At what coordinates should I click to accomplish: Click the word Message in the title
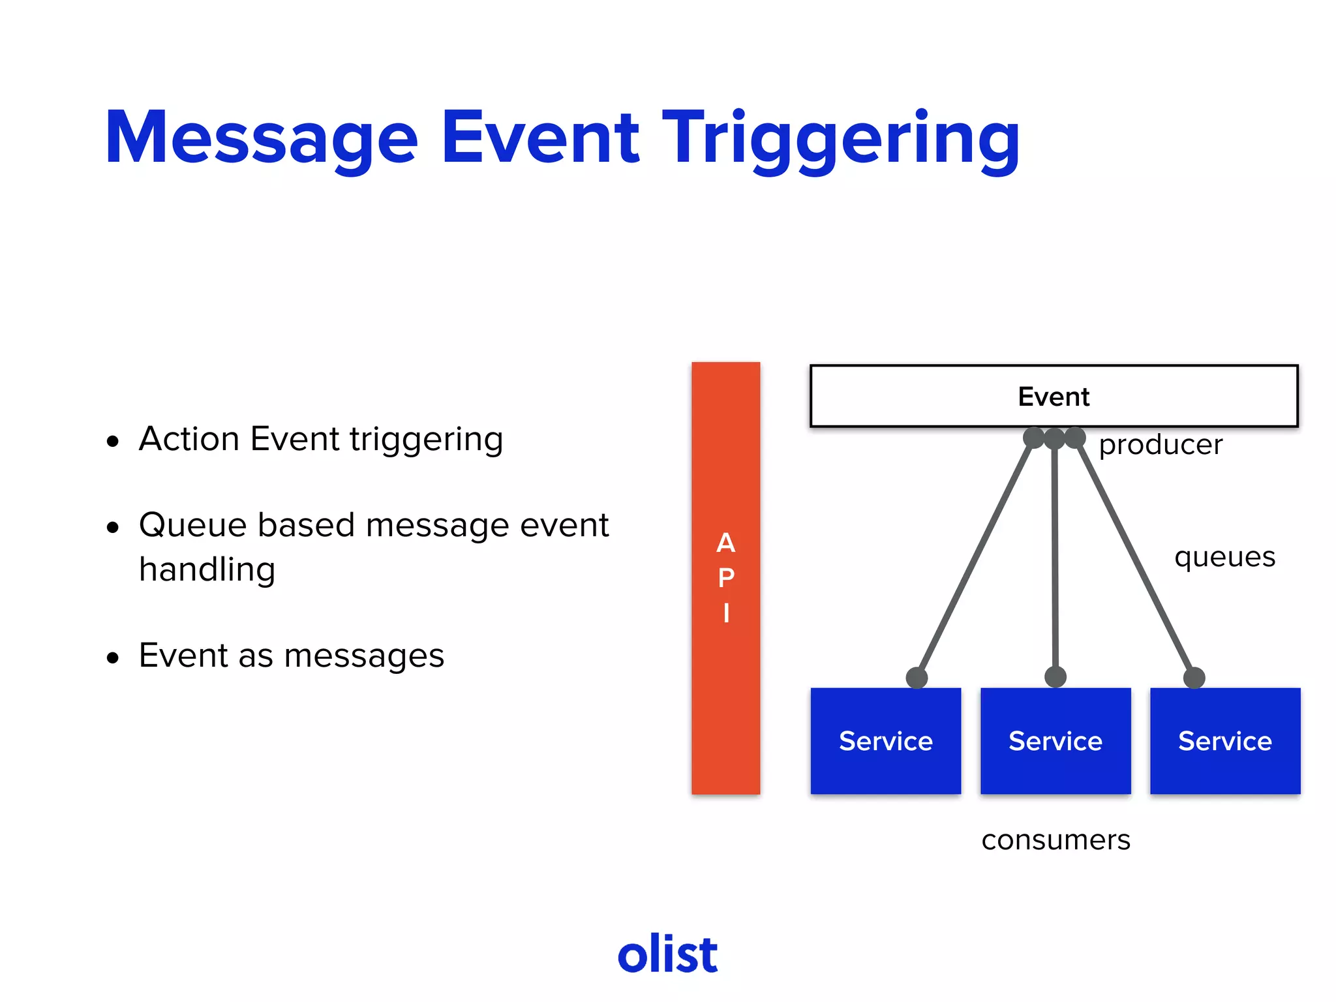(261, 138)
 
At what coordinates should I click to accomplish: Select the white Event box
(1053, 396)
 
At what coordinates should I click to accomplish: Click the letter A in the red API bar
(725, 543)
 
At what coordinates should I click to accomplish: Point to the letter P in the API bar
(725, 578)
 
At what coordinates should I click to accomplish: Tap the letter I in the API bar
(725, 613)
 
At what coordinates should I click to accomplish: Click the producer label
(1160, 446)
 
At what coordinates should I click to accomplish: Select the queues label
(1224, 557)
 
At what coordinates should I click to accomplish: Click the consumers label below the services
(1055, 840)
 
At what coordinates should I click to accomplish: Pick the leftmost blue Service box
(885, 741)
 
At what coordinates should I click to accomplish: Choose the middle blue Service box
(1055, 741)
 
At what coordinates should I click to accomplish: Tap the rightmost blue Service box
(1224, 741)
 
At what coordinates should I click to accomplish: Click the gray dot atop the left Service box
(917, 678)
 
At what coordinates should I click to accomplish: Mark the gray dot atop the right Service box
(1194, 678)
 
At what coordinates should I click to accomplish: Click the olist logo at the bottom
(667, 954)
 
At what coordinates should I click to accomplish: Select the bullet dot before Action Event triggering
(113, 442)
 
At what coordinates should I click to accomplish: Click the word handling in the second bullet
(207, 570)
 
